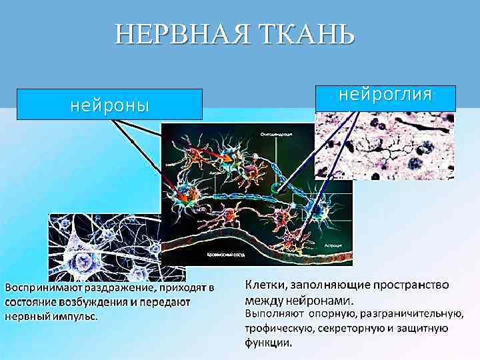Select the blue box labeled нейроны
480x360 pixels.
click(109, 105)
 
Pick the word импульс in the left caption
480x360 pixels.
click(73, 316)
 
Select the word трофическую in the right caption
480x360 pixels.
click(279, 329)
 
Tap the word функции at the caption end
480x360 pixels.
click(267, 344)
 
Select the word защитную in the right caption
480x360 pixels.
click(421, 329)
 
